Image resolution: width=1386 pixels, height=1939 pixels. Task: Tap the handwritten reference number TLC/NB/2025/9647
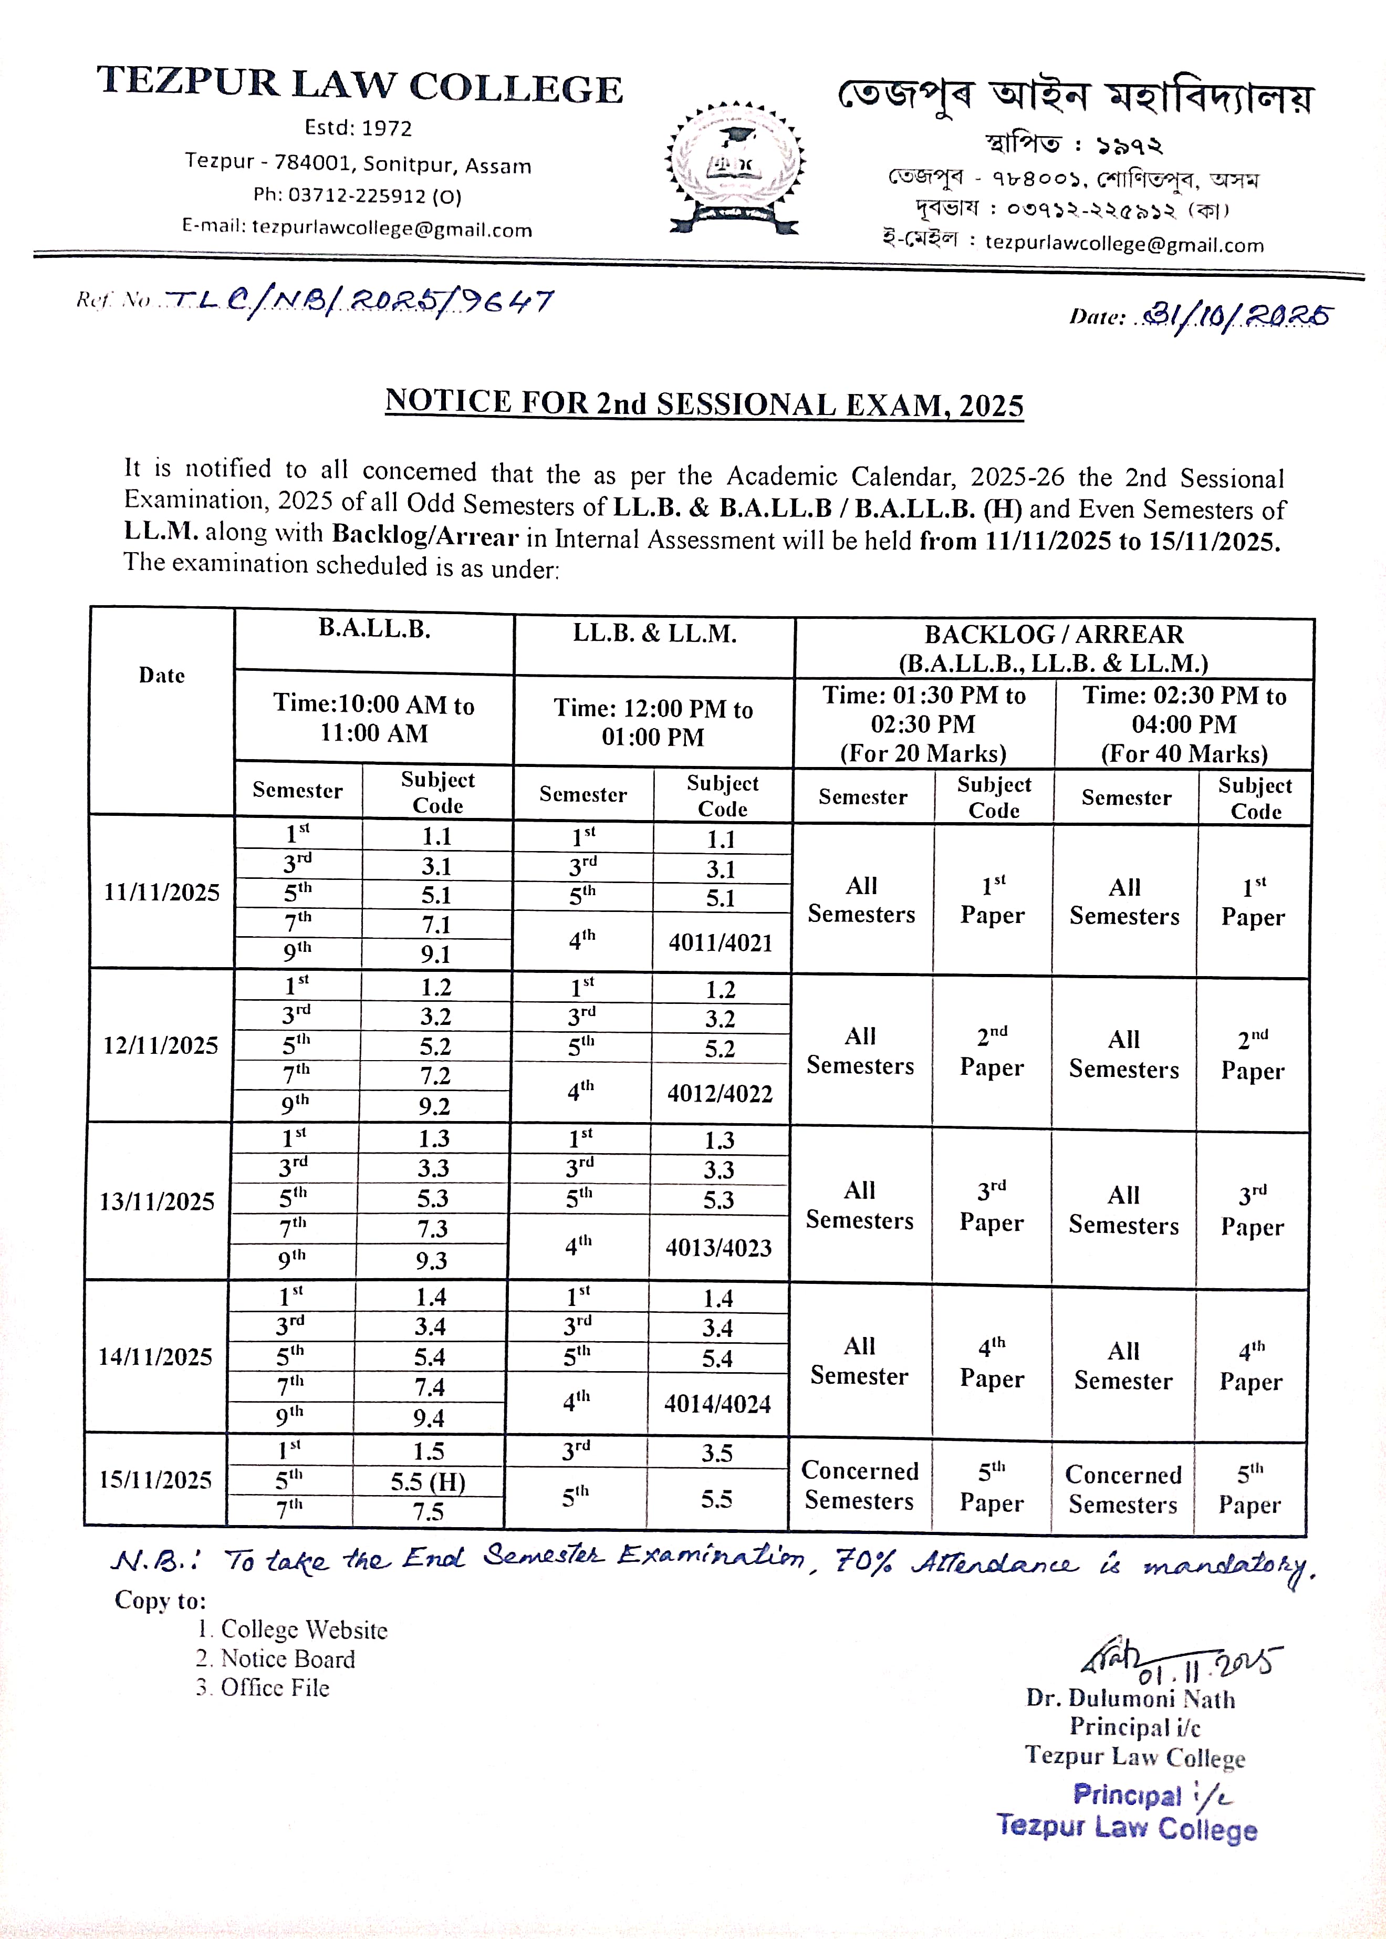[358, 301]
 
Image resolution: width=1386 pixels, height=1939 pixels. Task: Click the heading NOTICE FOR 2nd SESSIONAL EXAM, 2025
[704, 403]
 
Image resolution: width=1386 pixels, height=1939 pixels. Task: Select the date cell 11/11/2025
[161, 893]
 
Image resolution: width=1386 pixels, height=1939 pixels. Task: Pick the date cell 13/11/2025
[157, 1201]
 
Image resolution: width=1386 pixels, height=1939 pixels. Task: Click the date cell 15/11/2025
[155, 1479]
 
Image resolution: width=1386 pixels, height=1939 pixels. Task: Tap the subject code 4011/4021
[721, 943]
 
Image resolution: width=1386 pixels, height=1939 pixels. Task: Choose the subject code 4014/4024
[718, 1404]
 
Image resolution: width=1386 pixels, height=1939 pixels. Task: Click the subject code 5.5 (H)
[428, 1481]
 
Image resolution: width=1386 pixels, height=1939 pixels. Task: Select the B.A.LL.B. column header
[374, 629]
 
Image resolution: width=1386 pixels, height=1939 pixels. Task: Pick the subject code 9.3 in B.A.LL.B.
[432, 1260]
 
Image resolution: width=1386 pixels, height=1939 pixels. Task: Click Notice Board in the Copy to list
[288, 1658]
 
